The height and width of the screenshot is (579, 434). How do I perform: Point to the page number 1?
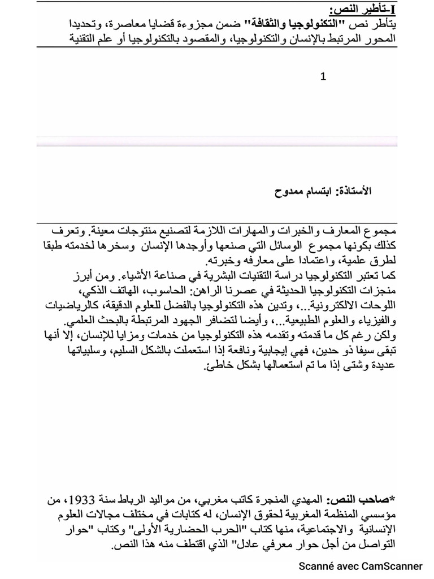pos(323,76)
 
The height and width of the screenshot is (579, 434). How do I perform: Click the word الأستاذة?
pos(354,192)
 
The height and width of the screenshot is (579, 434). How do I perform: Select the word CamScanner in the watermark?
pos(393,566)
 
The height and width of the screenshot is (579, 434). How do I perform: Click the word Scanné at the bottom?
pos(318,566)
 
